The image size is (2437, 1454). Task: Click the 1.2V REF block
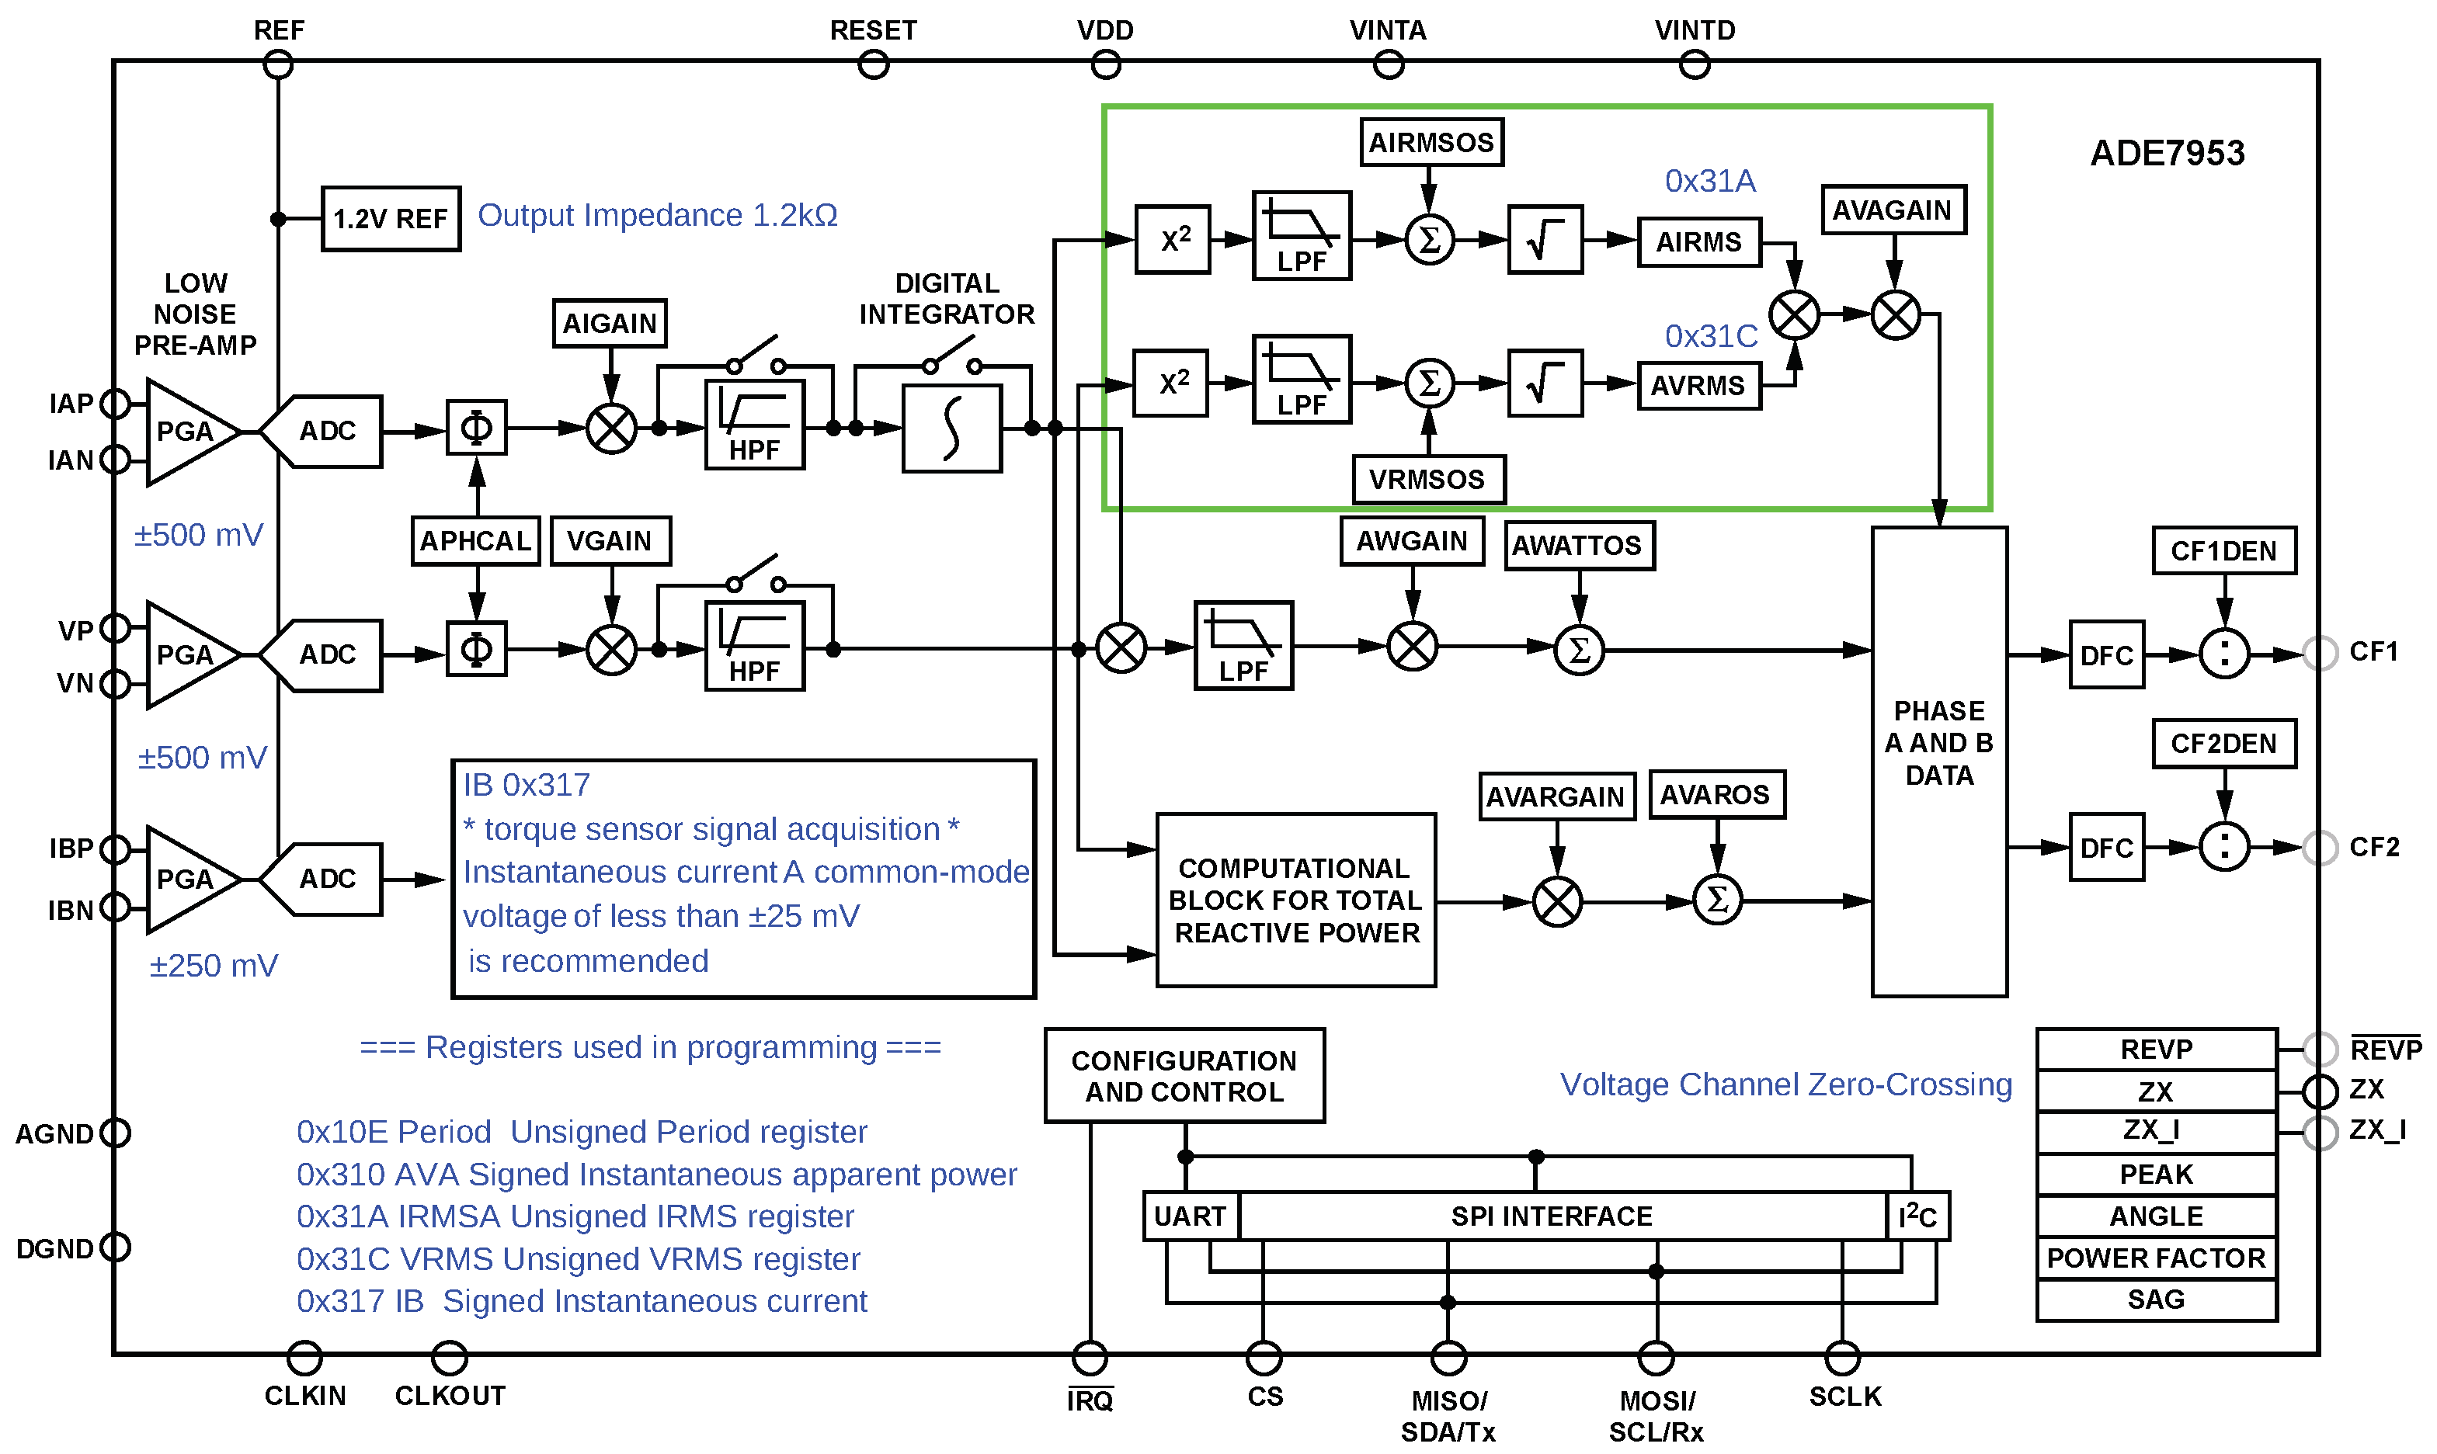tap(390, 218)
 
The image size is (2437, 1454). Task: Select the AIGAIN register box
tap(609, 324)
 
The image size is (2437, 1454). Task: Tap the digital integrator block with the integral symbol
tap(951, 429)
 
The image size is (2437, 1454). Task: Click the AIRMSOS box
tap(1431, 143)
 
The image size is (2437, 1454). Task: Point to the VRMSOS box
tap(1427, 479)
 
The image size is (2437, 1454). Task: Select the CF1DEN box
tap(2223, 550)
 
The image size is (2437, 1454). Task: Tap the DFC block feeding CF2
tap(2106, 848)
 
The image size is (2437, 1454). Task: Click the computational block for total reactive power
tap(1295, 900)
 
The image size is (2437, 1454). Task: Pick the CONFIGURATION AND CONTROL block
tap(1184, 1076)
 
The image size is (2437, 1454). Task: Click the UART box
tap(1190, 1216)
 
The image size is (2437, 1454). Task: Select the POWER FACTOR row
tap(2155, 1258)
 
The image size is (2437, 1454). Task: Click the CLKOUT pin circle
tap(449, 1358)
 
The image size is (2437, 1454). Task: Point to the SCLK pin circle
tap(1842, 1358)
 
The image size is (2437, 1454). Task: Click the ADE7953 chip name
tap(2167, 154)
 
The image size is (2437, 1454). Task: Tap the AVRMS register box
tap(1698, 386)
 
